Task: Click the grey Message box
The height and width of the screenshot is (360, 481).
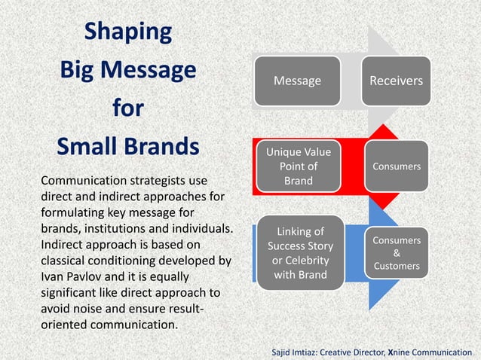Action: tap(296, 81)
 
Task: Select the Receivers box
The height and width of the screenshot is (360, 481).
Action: tap(396, 81)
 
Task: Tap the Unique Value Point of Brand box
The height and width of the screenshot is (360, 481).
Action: tap(298, 166)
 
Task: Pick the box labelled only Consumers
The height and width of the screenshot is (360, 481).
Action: tap(396, 166)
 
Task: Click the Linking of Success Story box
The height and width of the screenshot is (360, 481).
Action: tap(301, 253)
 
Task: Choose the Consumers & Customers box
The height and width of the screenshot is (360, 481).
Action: tap(397, 253)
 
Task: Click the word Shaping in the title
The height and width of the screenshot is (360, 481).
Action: tap(127, 32)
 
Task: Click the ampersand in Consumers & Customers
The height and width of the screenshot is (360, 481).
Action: tap(397, 253)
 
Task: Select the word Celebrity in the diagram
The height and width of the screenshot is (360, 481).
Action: tap(301, 261)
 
